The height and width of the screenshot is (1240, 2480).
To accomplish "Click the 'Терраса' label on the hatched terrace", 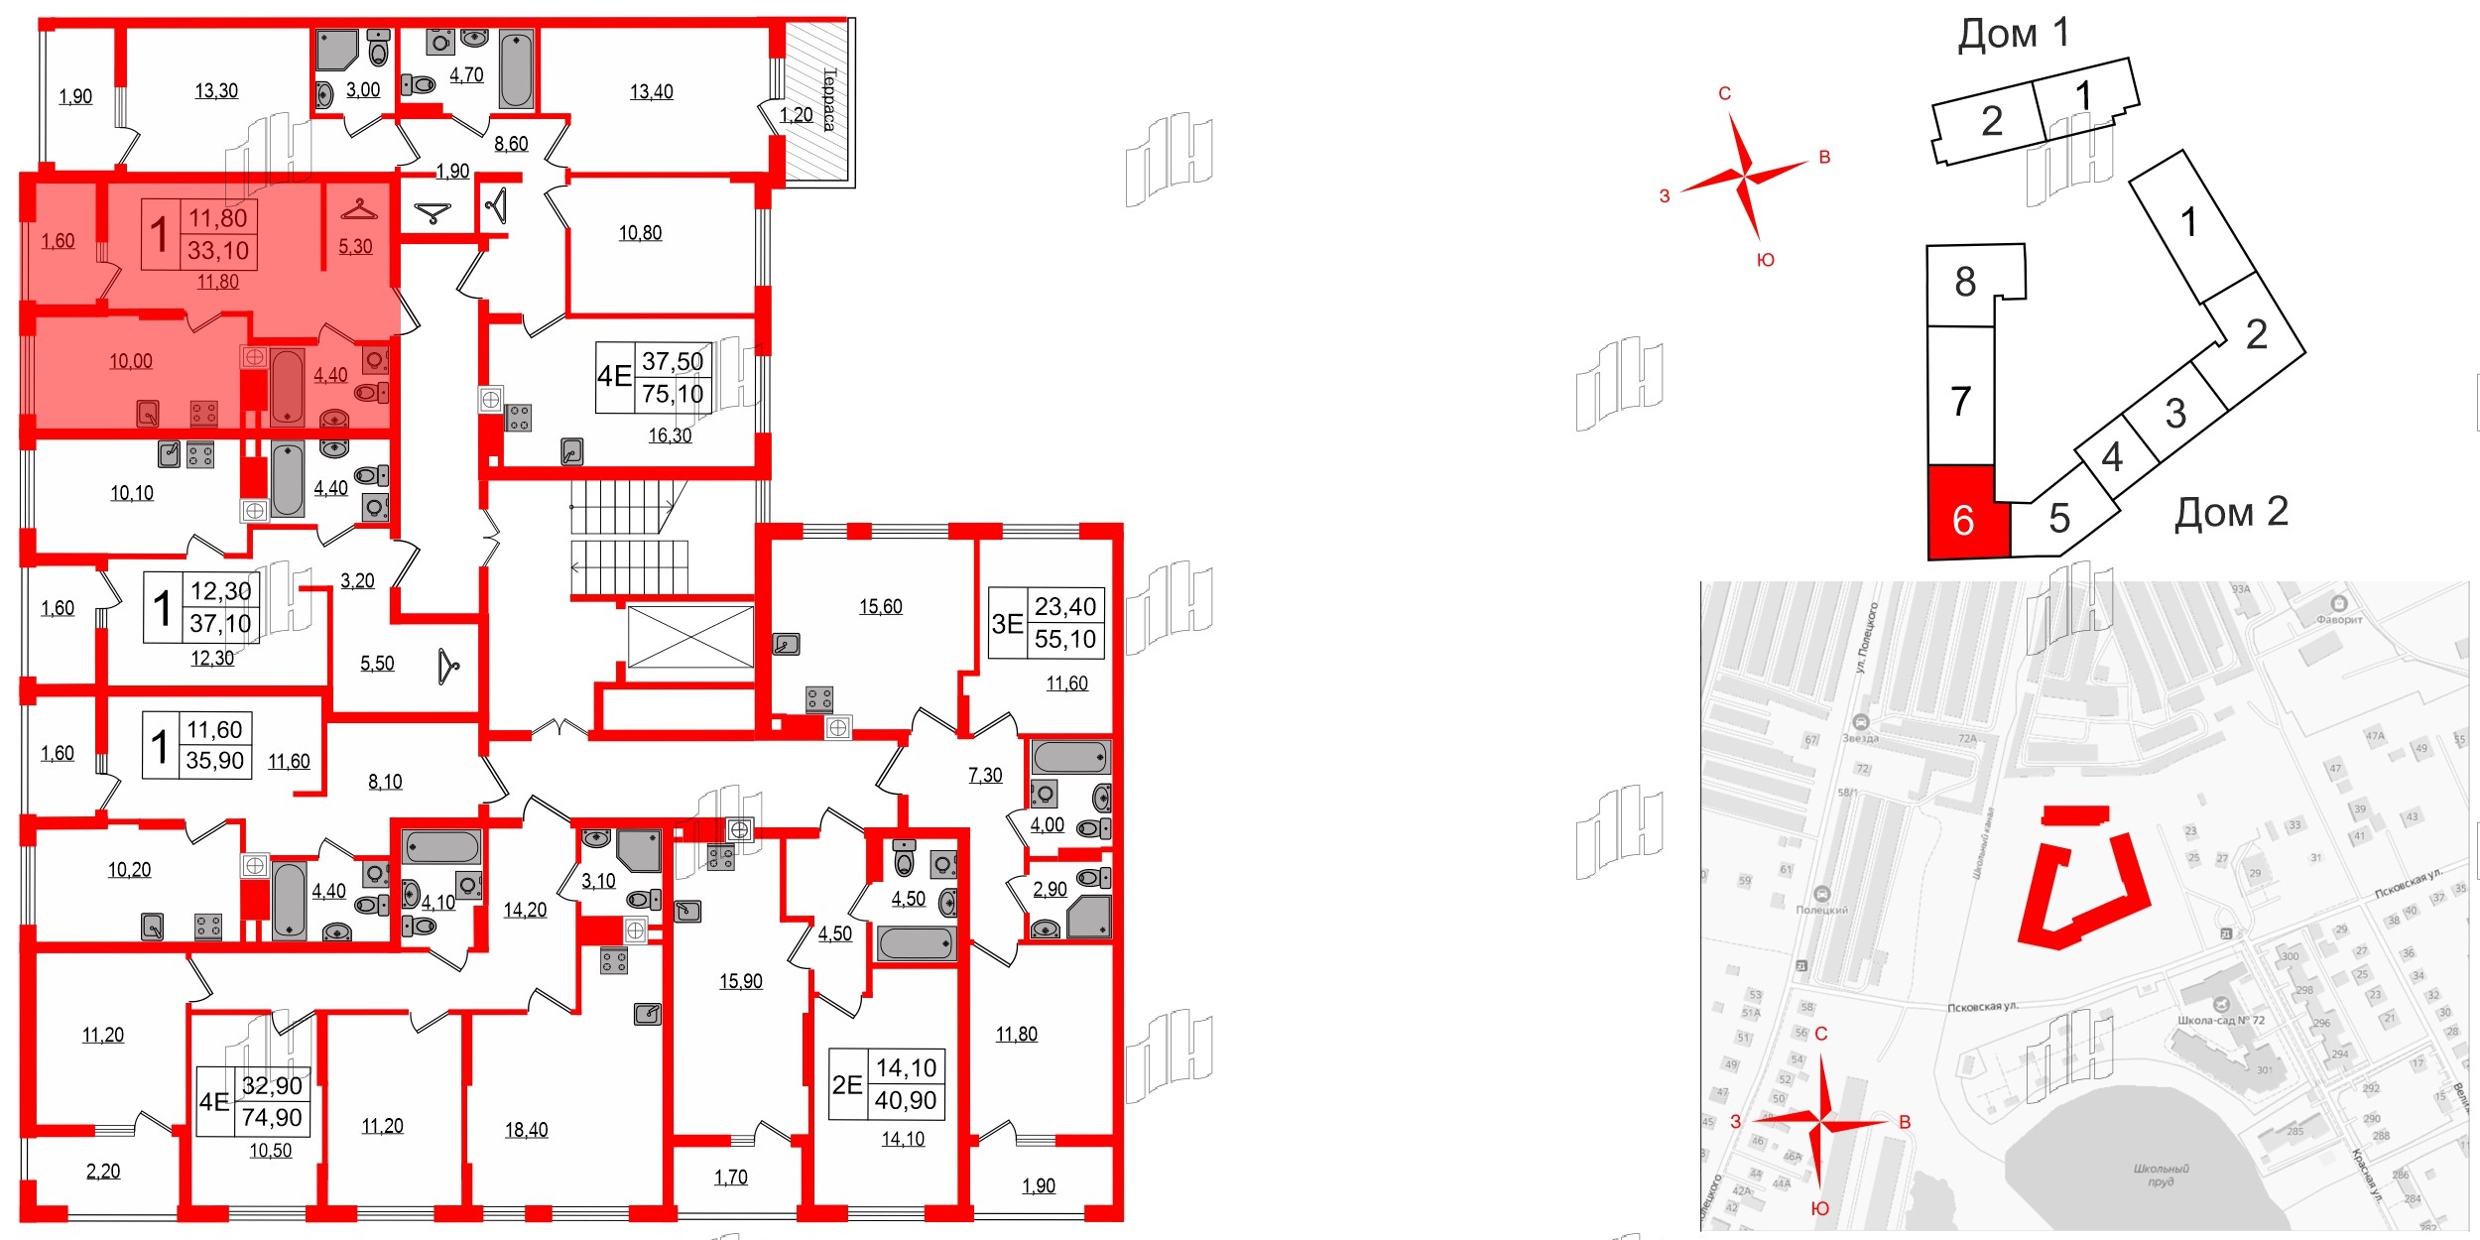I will pyautogui.click(x=829, y=99).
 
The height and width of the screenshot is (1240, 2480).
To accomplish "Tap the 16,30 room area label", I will pyautogui.click(x=670, y=435).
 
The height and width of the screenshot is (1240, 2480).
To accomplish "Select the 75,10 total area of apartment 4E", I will pyautogui.click(x=673, y=394).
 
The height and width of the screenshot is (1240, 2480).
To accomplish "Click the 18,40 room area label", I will pyautogui.click(x=526, y=1130).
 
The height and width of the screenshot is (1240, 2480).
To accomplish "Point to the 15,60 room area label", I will pyautogui.click(x=880, y=607).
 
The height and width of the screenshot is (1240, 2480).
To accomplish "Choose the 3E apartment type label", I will pyautogui.click(x=1007, y=624).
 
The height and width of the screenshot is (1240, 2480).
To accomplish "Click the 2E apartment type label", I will pyautogui.click(x=846, y=1085).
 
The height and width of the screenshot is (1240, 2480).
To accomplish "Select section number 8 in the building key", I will pyautogui.click(x=1965, y=282).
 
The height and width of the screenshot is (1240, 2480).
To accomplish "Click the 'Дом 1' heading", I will pyautogui.click(x=2013, y=34).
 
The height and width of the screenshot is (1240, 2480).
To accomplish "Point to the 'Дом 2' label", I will pyautogui.click(x=2231, y=512).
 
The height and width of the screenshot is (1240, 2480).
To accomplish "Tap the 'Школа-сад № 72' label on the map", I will pyautogui.click(x=2221, y=1020).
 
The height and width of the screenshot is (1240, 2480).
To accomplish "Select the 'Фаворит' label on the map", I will pyautogui.click(x=2339, y=619).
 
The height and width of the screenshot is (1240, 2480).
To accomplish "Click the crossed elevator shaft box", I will pyautogui.click(x=690, y=637).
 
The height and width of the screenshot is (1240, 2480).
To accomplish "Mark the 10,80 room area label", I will pyautogui.click(x=640, y=233).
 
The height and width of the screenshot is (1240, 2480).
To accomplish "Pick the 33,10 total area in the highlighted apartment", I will pyautogui.click(x=218, y=251).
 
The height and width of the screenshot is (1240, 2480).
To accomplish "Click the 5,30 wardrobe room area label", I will pyautogui.click(x=355, y=247).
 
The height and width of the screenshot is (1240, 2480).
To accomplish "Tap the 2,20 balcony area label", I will pyautogui.click(x=103, y=1172).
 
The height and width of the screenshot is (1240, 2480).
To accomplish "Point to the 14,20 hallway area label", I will pyautogui.click(x=525, y=911).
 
